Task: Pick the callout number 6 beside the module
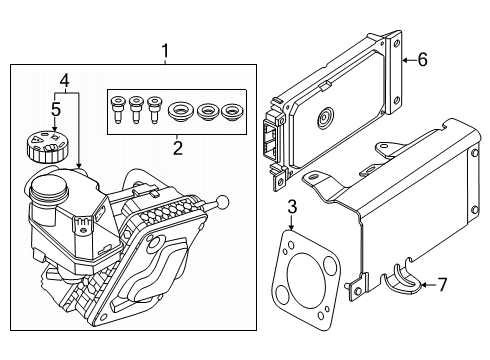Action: pos(422,61)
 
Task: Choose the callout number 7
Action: pos(443,285)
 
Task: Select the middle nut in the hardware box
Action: pos(209,108)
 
